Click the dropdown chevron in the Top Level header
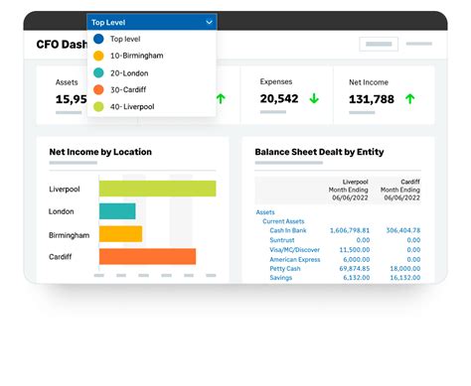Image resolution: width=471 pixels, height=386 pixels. pos(209,21)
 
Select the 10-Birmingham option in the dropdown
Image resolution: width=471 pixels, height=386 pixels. pos(138,56)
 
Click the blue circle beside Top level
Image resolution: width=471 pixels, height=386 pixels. pos(99,39)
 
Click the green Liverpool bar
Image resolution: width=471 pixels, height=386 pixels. pos(157,189)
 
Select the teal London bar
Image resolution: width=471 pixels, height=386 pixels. pos(117,211)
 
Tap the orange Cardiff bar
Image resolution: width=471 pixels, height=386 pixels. pos(147,257)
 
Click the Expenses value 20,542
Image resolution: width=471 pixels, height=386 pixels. pos(279,99)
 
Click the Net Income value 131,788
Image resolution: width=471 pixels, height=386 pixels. pos(372,99)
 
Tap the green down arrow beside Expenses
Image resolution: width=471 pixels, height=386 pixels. pos(313,99)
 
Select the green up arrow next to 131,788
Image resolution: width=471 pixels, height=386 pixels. pos(409,99)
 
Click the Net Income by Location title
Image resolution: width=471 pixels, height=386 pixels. pos(100,152)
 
